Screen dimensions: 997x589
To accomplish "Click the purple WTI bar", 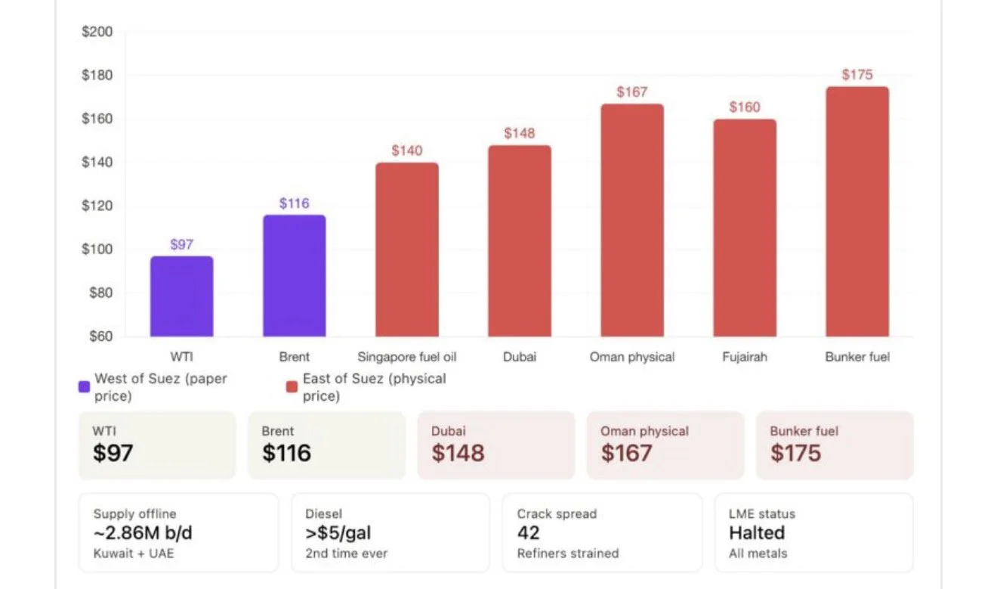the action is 181,296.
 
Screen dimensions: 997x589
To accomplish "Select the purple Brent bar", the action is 295,276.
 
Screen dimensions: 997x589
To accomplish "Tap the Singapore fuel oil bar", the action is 407,250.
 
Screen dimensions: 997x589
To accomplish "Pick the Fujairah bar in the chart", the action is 745,228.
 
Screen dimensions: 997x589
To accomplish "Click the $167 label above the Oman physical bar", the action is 632,92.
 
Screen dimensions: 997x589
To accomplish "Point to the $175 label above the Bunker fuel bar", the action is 857,74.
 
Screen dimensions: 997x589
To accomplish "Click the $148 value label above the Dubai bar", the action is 520,133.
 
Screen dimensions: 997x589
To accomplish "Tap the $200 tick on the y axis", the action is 97,32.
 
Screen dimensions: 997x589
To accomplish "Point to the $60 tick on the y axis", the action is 101,336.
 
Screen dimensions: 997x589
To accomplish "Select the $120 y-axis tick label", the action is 97,206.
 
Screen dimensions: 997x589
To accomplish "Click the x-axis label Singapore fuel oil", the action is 407,357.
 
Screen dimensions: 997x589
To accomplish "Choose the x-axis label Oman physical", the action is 632,357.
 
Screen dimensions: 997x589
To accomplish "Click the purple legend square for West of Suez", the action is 84,386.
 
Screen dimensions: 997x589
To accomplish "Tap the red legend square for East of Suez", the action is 292,386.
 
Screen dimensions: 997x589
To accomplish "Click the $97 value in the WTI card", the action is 113,453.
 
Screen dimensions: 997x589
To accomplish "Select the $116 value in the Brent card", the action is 287,453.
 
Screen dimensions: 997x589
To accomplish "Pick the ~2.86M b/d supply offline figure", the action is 143,533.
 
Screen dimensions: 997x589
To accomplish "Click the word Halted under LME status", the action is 757,533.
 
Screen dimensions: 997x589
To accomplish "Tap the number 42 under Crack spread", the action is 528,533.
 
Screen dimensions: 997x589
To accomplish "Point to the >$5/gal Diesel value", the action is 338,533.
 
